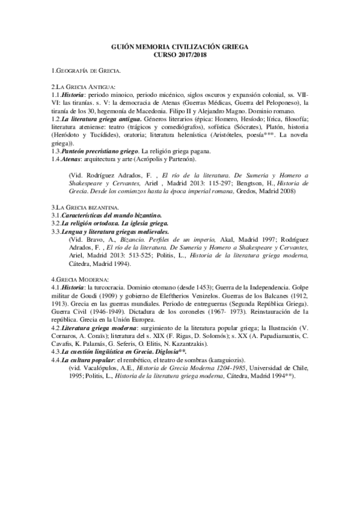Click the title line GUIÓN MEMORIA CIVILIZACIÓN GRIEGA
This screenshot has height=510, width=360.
pos(180,46)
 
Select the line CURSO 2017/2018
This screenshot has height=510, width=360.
pos(180,54)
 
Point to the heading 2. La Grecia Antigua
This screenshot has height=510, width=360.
pos(84,87)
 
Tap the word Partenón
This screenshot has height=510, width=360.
pos(191,159)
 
